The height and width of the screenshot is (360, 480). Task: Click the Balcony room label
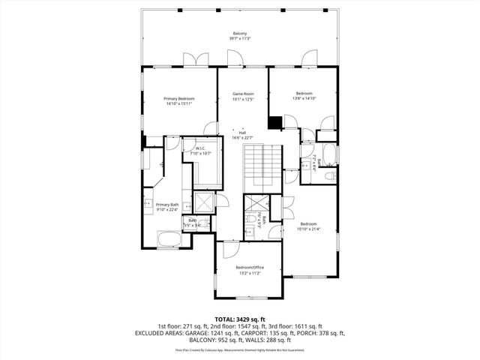(x=240, y=34)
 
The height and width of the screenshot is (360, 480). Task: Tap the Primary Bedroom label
(x=180, y=98)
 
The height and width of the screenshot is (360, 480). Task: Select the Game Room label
(x=243, y=94)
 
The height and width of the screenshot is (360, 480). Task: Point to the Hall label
(x=243, y=132)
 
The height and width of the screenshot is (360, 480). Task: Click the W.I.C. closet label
(x=200, y=148)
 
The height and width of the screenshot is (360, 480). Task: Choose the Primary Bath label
(x=166, y=205)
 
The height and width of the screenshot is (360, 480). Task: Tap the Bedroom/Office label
(x=250, y=268)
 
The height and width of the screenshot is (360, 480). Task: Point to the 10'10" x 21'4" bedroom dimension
(x=309, y=229)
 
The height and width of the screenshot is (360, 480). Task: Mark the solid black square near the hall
(x=275, y=121)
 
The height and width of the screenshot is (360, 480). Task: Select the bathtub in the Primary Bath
(x=169, y=240)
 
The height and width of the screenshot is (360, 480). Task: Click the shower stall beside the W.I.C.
(x=203, y=202)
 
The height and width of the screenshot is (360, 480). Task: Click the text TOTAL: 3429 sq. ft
(x=240, y=319)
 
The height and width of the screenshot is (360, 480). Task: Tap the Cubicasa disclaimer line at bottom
(x=240, y=349)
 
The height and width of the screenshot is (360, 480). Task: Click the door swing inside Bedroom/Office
(x=229, y=250)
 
